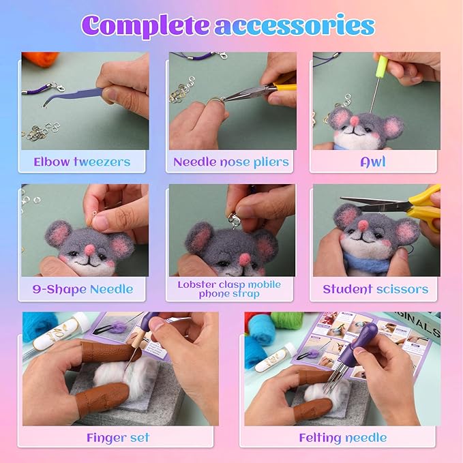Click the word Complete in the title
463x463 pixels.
pos(145,26)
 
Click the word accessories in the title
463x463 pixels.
pos(295,26)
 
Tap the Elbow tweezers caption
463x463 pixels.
pos(82,162)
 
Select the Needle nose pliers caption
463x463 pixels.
pos(231,162)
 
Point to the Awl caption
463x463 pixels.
pos(373,162)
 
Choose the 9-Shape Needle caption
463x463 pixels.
pos(83,289)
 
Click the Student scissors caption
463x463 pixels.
pos(375,289)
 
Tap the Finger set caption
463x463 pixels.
pos(118,438)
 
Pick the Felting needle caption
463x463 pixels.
pos(343,438)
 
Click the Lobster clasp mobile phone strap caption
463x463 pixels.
pos(229,289)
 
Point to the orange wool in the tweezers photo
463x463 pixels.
pos(38,59)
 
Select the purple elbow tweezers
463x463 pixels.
pos(73,95)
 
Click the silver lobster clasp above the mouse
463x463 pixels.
pos(234,221)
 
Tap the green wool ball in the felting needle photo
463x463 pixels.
pos(286,320)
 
